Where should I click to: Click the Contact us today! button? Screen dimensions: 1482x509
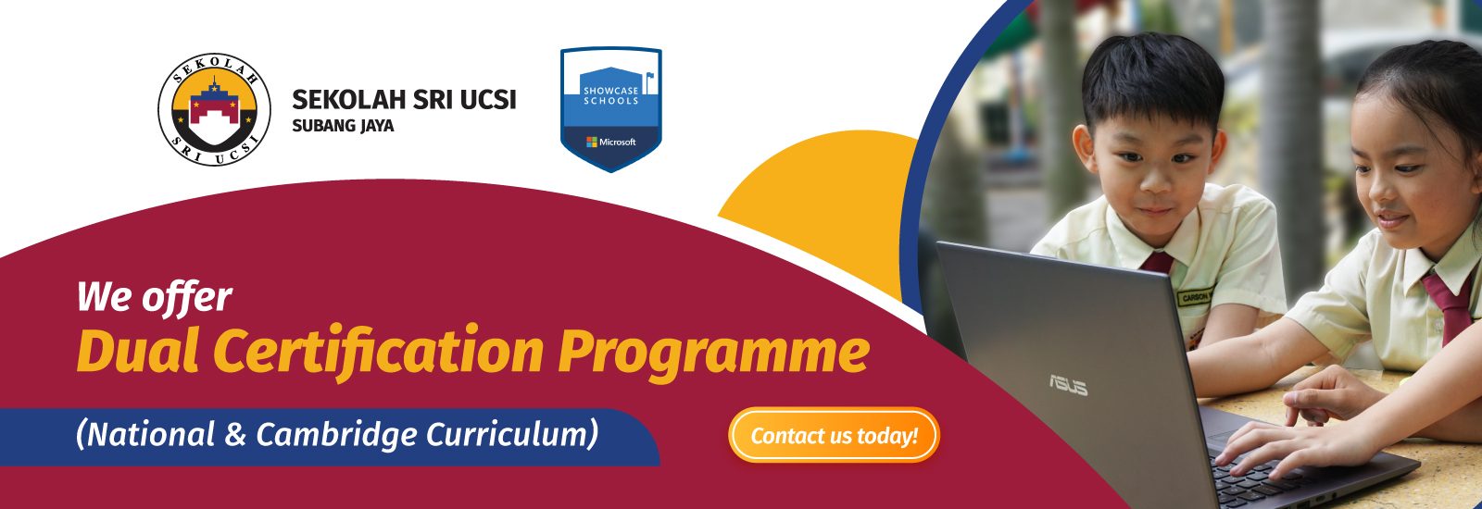[x=834, y=435]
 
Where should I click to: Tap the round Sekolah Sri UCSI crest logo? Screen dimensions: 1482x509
[x=214, y=109]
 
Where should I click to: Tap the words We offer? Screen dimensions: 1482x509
[x=155, y=297]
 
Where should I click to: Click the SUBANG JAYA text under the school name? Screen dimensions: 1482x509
[x=343, y=126]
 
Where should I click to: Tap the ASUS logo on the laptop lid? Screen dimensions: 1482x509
[x=1068, y=385]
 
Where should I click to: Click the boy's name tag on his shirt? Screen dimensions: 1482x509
[x=1195, y=297]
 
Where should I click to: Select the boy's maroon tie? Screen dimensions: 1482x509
[x=1157, y=263]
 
